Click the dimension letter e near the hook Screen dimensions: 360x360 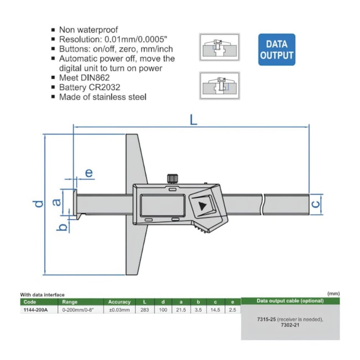(x=89, y=173)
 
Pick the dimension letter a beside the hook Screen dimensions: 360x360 (x=56, y=202)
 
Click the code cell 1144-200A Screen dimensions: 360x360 (x=34, y=310)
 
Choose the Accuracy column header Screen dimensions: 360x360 (x=119, y=302)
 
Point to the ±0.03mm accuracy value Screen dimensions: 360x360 (x=119, y=310)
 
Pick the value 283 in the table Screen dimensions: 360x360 (x=145, y=310)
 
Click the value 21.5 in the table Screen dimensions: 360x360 (x=181, y=310)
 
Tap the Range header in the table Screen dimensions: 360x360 (x=70, y=302)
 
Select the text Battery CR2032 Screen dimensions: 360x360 (x=89, y=87)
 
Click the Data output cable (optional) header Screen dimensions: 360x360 (x=290, y=301)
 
